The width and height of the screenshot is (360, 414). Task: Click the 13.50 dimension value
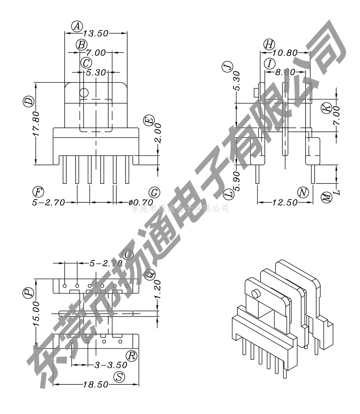[x=96, y=33]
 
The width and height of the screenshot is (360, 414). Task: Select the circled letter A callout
[x=77, y=26]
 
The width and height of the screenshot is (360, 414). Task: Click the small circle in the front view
[x=83, y=93]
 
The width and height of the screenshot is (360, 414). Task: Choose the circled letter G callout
[x=154, y=193]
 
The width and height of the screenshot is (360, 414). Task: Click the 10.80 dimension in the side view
[x=285, y=53]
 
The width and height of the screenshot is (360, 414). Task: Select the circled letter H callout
[x=269, y=44]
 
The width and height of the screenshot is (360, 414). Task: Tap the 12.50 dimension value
[x=285, y=203]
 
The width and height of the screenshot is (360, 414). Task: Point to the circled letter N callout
[x=303, y=193]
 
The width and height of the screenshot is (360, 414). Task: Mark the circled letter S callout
[x=119, y=377]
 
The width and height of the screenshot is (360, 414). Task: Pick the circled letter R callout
[x=131, y=356]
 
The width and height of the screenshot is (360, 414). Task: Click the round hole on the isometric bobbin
[x=256, y=294]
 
